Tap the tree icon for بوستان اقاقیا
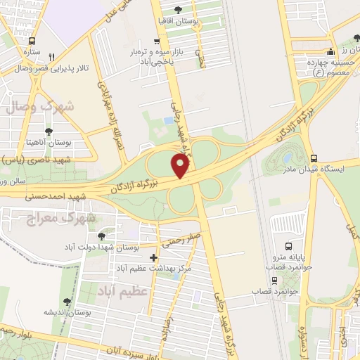coord(176,9)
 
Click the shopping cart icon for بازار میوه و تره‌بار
coord(155,41)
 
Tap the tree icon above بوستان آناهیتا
coord(48,131)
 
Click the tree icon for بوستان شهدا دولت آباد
coord(102,236)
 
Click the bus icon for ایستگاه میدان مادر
coord(314,158)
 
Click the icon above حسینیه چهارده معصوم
coord(330,52)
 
